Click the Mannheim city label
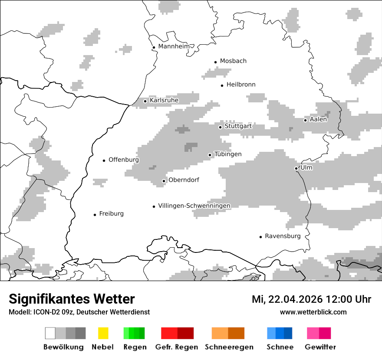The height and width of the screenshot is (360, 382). coord(174,46)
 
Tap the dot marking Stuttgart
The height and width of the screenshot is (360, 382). coord(221,127)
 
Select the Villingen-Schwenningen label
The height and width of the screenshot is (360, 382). coord(194,206)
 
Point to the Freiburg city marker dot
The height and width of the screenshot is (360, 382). coord(95,215)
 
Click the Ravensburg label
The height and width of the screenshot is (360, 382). coord(283,236)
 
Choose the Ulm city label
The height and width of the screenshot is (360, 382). coord(306,168)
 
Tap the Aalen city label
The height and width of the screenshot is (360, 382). coord(318,119)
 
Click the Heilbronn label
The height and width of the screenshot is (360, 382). coord(241,85)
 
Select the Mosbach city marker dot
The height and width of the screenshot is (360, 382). coord(215,62)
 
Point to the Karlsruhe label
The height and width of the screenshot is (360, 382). coord(164,101)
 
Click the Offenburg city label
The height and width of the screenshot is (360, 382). coord(124,160)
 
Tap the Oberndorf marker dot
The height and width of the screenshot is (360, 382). coord(164,181)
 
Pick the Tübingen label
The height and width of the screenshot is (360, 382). coord(228,154)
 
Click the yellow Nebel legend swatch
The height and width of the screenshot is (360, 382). coord(103,333)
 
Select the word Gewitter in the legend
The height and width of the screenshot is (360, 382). coord(320,347)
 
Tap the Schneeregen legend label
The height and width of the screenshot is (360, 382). coord(229,347)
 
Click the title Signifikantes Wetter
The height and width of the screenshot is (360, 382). coord(72,299)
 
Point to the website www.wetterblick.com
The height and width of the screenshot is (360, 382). coord(313,312)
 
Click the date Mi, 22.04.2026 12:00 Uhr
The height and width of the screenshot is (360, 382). coord(311,299)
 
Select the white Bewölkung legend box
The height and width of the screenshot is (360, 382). coord(50,333)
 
